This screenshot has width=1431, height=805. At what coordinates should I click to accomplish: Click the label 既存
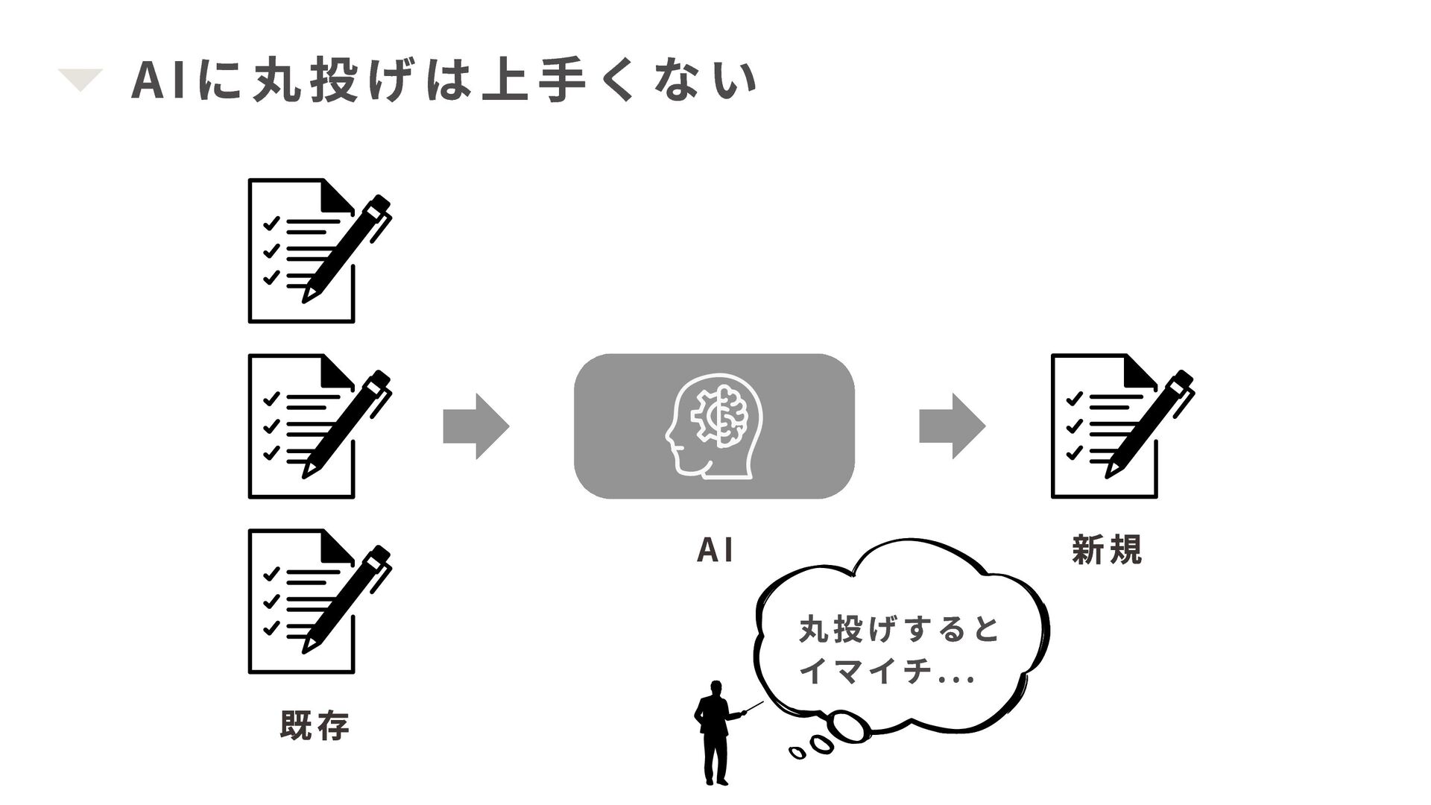point(315,725)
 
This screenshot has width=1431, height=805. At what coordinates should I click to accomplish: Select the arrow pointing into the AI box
point(476,426)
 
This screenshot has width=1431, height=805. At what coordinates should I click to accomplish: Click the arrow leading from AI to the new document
point(952,426)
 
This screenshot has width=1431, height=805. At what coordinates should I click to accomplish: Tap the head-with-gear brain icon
point(714,426)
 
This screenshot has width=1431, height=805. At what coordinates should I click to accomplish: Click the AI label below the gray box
point(714,551)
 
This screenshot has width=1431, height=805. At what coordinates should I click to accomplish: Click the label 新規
point(1106,551)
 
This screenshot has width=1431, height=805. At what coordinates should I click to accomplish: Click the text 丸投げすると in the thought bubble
point(898,631)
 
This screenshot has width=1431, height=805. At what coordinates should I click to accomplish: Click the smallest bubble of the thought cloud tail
point(797,754)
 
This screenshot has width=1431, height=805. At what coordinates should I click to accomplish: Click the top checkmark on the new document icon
point(1074,399)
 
